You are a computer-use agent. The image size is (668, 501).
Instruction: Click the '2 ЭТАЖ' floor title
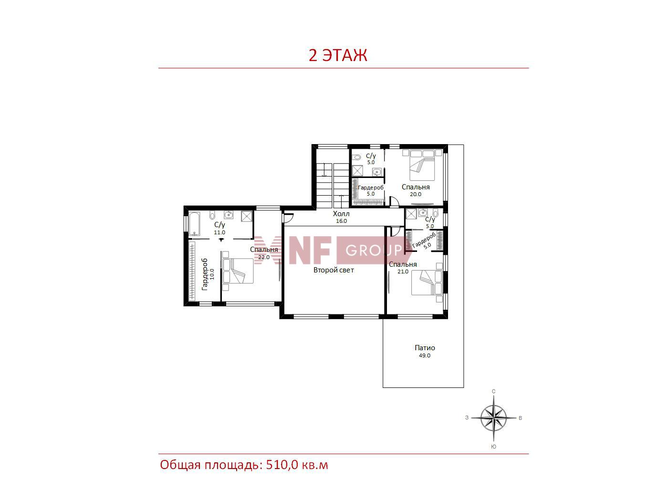pyautogui.click(x=338, y=55)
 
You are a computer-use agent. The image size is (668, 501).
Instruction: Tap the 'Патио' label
pyautogui.click(x=425, y=348)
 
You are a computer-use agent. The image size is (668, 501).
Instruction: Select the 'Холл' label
pyautogui.click(x=341, y=214)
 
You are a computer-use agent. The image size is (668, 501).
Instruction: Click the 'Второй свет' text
pyautogui.click(x=334, y=270)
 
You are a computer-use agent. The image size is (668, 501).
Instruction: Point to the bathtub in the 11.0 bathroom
pyautogui.click(x=194, y=224)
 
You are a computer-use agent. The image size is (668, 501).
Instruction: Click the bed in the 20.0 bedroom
pyautogui.click(x=422, y=166)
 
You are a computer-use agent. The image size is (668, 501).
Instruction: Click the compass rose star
pyautogui.click(x=494, y=417)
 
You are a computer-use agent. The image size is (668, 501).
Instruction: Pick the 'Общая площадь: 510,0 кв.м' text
pyautogui.click(x=244, y=465)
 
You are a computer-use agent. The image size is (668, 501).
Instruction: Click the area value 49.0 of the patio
pyautogui.click(x=424, y=355)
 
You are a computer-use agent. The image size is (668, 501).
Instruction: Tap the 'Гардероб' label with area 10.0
pyautogui.click(x=205, y=274)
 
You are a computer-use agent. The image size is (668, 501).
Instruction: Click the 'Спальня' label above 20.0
pyautogui.click(x=416, y=187)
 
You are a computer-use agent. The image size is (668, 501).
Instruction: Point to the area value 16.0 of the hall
pyautogui.click(x=341, y=221)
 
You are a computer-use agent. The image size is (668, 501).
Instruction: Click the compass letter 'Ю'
pyautogui.click(x=494, y=447)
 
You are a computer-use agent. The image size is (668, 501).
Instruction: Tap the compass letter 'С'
pyautogui.click(x=494, y=391)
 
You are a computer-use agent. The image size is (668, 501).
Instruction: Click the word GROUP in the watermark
pyautogui.click(x=374, y=250)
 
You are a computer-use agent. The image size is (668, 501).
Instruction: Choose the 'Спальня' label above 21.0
pyautogui.click(x=403, y=264)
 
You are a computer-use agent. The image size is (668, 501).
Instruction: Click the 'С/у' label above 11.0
pyautogui.click(x=219, y=225)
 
